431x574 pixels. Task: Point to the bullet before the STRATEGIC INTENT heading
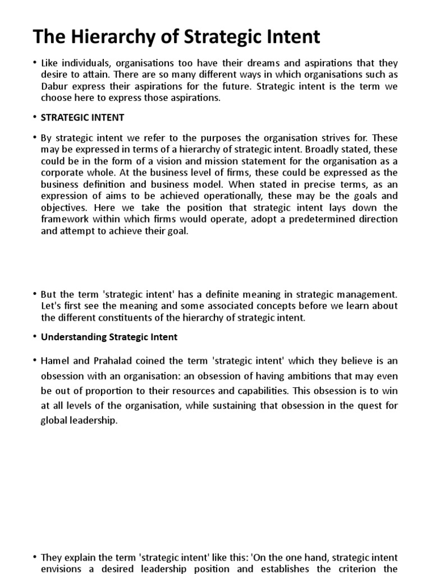(35, 118)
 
